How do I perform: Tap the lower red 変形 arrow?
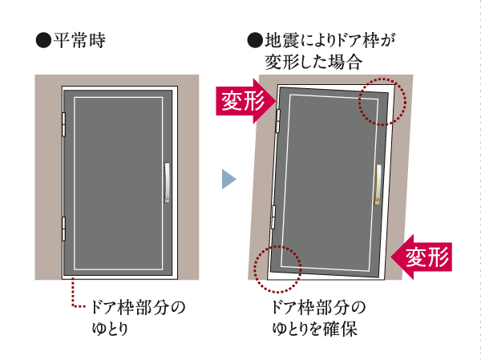[x=423, y=257]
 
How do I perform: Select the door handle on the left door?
[x=168, y=182]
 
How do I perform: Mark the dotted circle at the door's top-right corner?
[x=382, y=101]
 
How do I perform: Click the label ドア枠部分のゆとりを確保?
[x=317, y=318]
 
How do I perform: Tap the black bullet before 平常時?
[x=42, y=39]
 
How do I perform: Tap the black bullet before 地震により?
[x=255, y=39]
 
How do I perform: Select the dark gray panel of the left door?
[x=116, y=181]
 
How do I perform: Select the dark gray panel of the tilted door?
[x=329, y=180]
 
